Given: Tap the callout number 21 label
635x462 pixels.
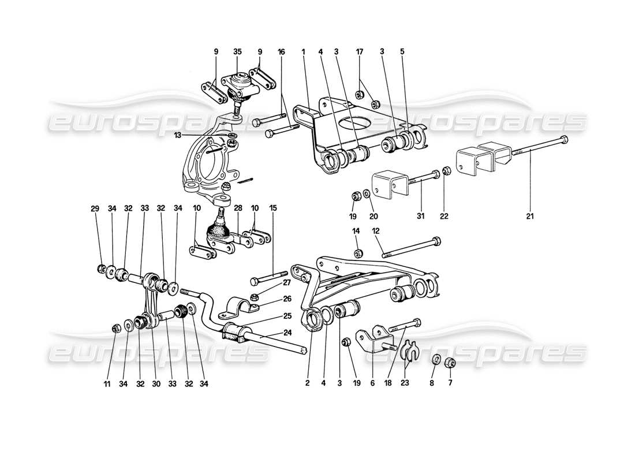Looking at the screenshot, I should pos(530,217).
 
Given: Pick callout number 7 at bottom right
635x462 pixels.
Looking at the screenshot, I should pos(450,382).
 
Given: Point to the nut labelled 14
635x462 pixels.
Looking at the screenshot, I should pos(358,252).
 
